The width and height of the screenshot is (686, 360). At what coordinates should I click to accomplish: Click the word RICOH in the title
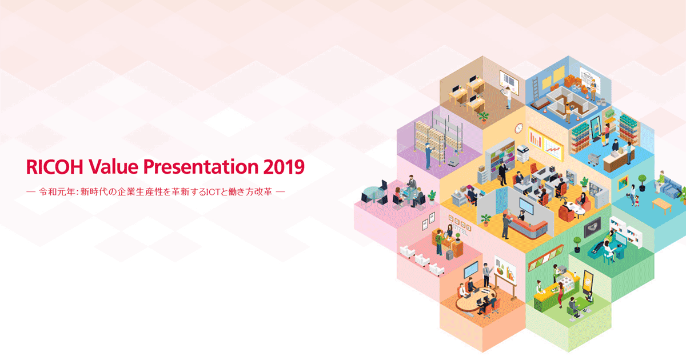click(54, 167)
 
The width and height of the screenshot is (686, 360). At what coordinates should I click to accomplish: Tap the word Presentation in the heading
click(201, 167)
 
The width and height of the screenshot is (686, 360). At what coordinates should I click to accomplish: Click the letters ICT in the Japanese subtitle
click(213, 192)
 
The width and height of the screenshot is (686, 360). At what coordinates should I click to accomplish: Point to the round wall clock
click(519, 128)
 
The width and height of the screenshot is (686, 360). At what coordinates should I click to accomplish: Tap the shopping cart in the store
click(593, 159)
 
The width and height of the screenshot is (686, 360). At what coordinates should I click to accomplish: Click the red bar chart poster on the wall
click(535, 139)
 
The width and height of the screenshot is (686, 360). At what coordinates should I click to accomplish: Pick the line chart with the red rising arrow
click(553, 149)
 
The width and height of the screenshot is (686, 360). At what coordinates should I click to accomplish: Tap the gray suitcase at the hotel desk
click(449, 255)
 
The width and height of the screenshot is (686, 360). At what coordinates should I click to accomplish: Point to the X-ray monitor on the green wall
click(592, 227)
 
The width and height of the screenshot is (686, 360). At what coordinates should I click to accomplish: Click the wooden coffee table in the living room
click(661, 206)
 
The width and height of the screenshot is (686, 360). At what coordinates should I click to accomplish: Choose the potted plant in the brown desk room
click(484, 117)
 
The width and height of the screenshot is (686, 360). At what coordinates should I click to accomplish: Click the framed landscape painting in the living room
click(623, 183)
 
